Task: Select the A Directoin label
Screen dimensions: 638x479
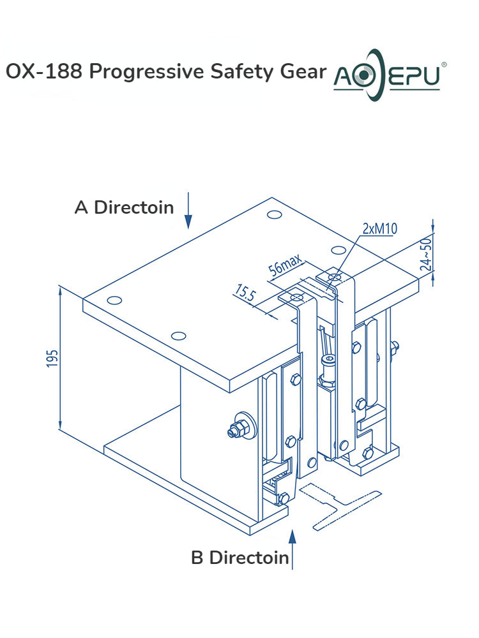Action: [124, 207]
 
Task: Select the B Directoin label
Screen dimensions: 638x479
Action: [240, 558]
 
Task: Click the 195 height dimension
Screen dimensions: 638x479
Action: [52, 359]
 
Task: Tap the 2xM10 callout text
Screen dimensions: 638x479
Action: [379, 229]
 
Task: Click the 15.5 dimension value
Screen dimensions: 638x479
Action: [245, 295]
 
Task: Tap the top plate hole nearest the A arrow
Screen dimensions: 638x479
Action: [274, 215]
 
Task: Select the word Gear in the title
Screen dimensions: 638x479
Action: [303, 71]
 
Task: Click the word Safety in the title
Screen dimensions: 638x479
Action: [240, 71]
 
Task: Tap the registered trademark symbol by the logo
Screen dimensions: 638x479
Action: [445, 64]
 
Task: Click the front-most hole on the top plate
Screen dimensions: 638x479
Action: [179, 335]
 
